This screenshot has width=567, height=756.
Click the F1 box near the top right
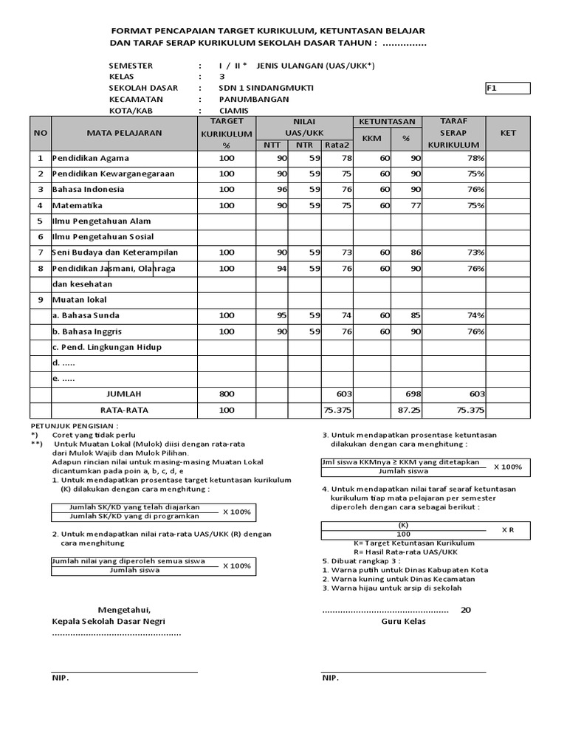click(x=506, y=89)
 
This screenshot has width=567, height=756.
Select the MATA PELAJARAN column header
click(x=123, y=134)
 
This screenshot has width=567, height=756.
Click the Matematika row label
click(x=77, y=205)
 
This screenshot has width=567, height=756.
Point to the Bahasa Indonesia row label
click(x=88, y=189)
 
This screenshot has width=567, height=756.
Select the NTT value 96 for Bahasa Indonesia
click(x=281, y=189)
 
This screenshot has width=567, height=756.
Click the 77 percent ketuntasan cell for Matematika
click(x=416, y=205)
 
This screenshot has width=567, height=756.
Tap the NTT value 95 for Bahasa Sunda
click(x=281, y=315)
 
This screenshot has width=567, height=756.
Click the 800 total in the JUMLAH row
click(x=227, y=394)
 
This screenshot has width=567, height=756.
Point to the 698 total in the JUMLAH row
click(x=412, y=394)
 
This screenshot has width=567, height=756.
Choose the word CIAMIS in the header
click(x=234, y=111)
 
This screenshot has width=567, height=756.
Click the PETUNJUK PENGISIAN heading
click(x=73, y=427)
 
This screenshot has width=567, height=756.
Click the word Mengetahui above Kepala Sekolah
click(x=124, y=610)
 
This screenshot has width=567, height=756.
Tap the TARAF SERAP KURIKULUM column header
click(x=453, y=133)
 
